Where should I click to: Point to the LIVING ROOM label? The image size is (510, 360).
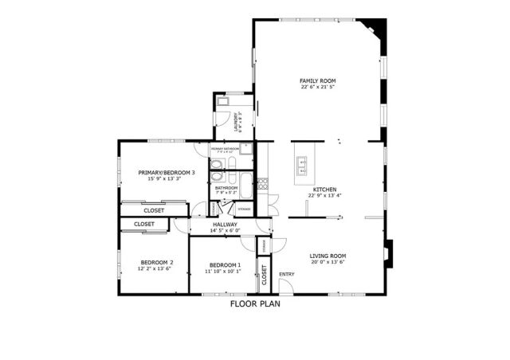(328, 256)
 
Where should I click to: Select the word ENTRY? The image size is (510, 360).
(286, 274)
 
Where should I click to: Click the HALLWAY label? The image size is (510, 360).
(226, 225)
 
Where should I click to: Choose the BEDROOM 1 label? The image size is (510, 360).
(226, 264)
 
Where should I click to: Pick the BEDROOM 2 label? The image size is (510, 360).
(157, 262)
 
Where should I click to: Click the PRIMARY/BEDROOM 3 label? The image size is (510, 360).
(164, 173)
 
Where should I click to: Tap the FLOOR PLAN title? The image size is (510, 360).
(255, 303)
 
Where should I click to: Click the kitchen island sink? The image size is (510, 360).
(303, 165)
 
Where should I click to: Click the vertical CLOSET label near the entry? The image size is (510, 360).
(264, 275)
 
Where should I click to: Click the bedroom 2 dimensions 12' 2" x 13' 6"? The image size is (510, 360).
(157, 268)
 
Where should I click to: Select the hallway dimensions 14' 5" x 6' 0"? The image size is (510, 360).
(226, 231)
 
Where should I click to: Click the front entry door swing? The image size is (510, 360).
(280, 248)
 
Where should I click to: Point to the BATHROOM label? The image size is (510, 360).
(227, 188)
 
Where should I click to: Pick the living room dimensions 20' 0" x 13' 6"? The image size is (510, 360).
(328, 262)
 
